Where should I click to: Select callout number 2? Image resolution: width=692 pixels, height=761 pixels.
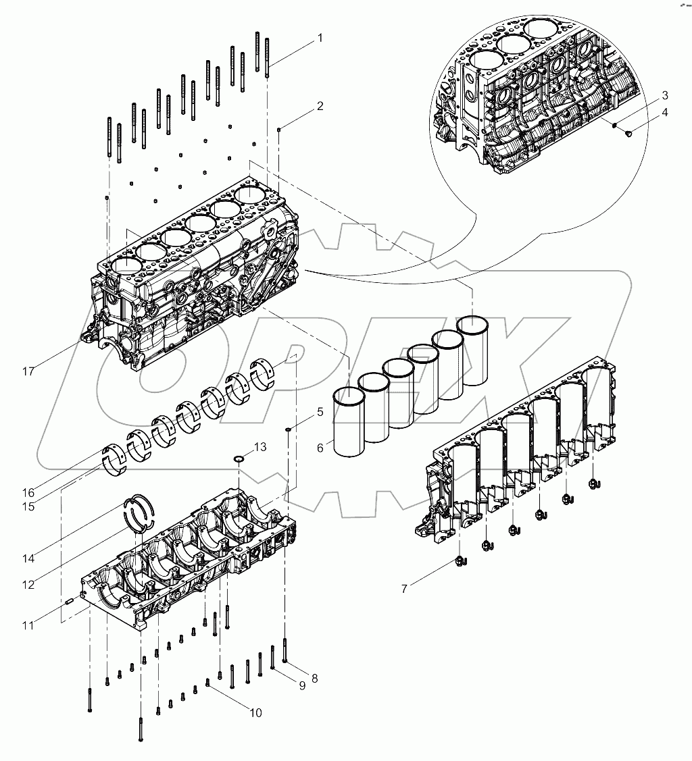coord(320,106)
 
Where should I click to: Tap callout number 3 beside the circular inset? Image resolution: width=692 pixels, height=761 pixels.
coord(664,95)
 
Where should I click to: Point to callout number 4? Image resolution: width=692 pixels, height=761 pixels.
coord(664,112)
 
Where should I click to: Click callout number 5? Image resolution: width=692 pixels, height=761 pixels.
coord(320,411)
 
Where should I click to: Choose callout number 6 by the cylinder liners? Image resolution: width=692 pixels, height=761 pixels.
coord(320,447)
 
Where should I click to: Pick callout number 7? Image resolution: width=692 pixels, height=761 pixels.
coord(404,589)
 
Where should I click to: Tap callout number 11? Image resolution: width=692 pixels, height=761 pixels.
coord(27,625)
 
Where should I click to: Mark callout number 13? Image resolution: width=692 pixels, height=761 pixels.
coord(260,447)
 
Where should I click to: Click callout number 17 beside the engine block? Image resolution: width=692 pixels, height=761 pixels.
coord(27,371)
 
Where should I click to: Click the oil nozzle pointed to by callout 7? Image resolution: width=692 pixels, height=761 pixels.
coord(460,560)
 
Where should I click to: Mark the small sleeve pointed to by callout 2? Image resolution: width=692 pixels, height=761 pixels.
coord(278,128)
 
